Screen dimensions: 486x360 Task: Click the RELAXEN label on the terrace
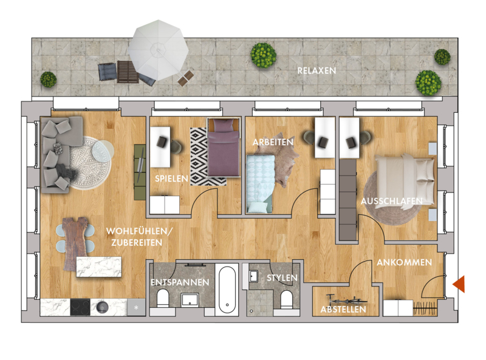pos(317,70)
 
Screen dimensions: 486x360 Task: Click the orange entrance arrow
pos(459,284)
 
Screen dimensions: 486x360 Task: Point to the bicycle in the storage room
pos(346,300)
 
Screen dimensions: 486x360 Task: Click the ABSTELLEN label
pos(343,309)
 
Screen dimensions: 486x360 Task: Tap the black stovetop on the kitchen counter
pos(80,307)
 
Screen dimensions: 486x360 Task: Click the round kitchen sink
pos(101,307)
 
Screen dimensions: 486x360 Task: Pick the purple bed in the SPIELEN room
pos(224,148)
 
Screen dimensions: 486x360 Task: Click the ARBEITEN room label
pos(273,142)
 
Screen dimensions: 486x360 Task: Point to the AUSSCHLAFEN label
pos(392,201)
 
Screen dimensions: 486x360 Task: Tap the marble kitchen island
pos(99,267)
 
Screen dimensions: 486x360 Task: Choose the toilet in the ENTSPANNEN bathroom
pos(162,297)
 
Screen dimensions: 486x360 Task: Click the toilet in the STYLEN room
pos(286,299)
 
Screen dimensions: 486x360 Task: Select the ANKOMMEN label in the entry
pos(404,262)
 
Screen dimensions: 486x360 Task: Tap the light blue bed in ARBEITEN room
pos(260,184)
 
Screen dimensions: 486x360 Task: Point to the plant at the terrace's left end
pos(49,80)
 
